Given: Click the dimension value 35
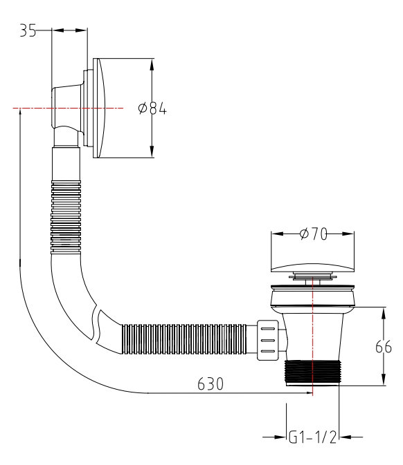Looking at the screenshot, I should [x=27, y=31].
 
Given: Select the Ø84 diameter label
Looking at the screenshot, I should [x=152, y=109].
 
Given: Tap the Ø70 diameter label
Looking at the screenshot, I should [x=314, y=235].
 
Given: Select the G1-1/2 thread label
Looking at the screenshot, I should [x=313, y=437].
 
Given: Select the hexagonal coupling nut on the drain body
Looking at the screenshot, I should [x=267, y=339].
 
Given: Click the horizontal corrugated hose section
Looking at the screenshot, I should [x=187, y=338].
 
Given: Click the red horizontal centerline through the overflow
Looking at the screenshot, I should [x=35, y=108].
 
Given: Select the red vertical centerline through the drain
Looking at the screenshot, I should [x=314, y=325].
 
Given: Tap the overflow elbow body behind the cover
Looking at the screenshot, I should [x=66, y=111].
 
